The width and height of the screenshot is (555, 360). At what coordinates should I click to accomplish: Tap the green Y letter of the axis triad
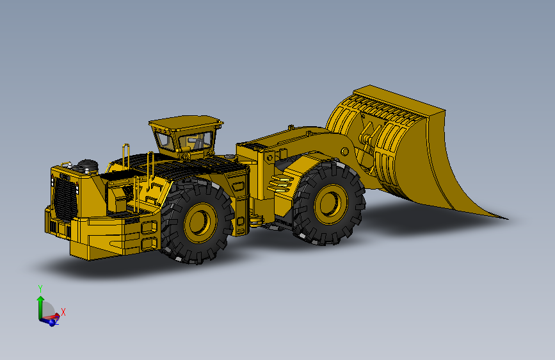click(40, 289)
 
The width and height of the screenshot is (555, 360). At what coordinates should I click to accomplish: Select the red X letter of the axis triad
click(63, 312)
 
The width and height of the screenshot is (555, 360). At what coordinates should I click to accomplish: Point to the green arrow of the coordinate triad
click(40, 305)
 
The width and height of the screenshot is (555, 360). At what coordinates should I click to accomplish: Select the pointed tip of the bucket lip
click(507, 218)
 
